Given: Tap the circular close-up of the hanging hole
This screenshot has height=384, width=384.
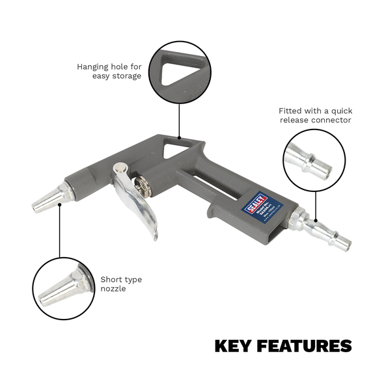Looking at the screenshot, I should [179, 72].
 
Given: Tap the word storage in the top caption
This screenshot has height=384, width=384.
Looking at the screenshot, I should [126, 75].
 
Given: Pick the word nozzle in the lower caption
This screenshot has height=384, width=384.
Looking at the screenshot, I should [113, 288].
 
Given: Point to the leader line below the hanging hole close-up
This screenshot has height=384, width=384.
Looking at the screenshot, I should [179, 120].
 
